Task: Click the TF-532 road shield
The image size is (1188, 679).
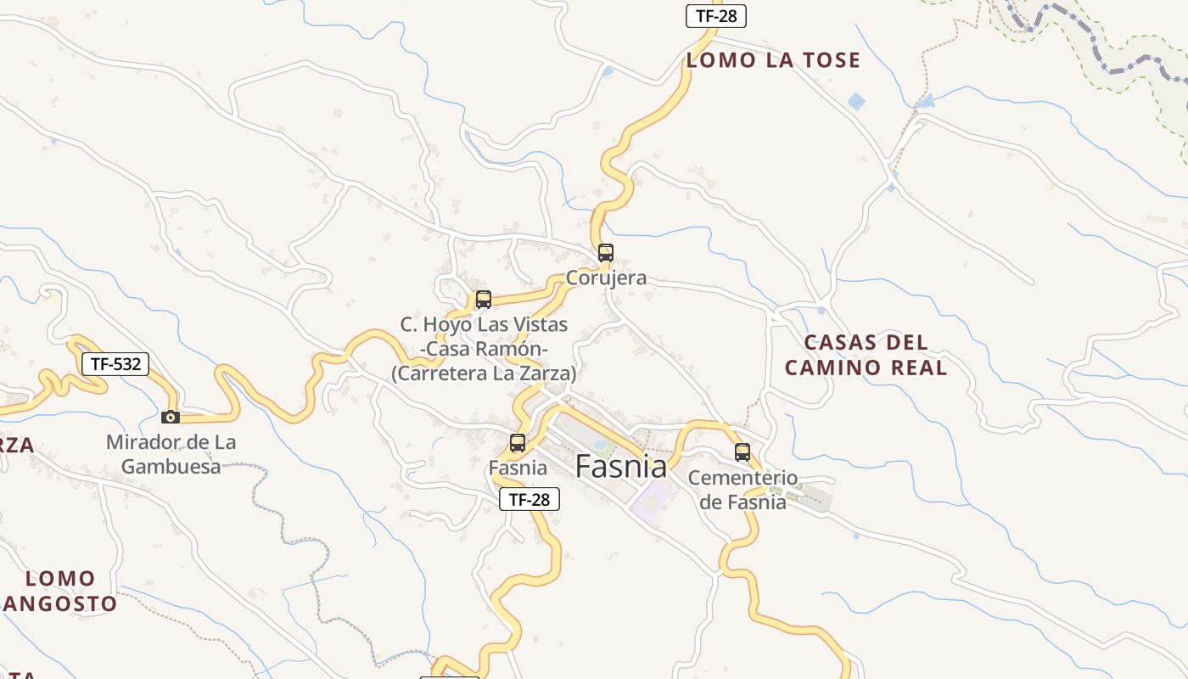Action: coord(115,365)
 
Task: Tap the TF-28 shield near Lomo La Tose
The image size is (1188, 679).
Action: coord(715,16)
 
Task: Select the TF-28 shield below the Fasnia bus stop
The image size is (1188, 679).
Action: coord(530,499)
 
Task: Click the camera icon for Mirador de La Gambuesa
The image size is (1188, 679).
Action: coord(171,417)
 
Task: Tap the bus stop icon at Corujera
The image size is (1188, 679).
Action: coord(605,252)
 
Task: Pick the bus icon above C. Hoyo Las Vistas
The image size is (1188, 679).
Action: coord(483,299)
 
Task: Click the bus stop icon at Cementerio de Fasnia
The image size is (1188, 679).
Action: coord(742,452)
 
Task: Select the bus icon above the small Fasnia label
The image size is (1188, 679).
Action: coord(517,442)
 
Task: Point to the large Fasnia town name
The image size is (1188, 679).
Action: coord(621,466)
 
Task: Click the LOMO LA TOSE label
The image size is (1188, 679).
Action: coord(773,60)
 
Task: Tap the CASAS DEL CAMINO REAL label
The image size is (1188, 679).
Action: coord(866,355)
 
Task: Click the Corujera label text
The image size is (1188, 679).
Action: coord(606,278)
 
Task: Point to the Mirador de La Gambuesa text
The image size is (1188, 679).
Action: coord(171,454)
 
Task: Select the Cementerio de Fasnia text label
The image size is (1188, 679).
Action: coord(742,490)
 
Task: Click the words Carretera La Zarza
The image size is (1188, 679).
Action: coord(484,373)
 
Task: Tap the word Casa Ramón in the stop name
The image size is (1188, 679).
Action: coord(484,349)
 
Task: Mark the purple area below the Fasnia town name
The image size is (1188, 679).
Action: coord(650,501)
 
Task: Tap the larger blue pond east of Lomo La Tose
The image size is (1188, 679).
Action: coord(857,102)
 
